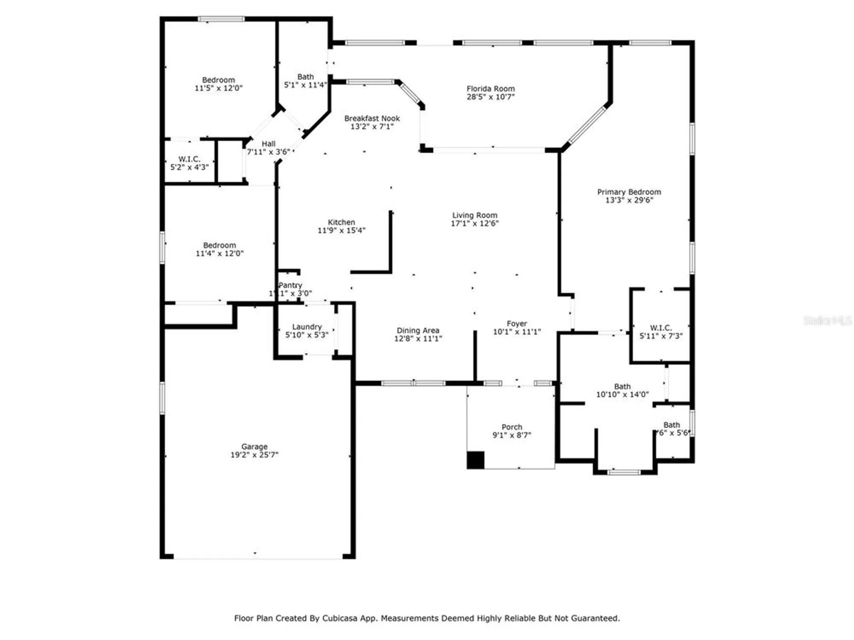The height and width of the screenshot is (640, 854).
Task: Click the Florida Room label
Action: click(490, 89)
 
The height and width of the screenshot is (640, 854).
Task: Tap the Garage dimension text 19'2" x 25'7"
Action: click(254, 455)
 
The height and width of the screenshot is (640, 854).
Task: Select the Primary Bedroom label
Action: click(629, 192)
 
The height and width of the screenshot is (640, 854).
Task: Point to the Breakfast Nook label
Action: click(372, 118)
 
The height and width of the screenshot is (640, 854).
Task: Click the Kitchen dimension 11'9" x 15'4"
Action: click(341, 230)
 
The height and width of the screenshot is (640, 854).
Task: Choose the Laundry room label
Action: click(307, 327)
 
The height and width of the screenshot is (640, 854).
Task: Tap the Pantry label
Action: click(290, 285)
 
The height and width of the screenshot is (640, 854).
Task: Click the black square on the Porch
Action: click(475, 460)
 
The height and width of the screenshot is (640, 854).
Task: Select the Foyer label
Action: click(517, 324)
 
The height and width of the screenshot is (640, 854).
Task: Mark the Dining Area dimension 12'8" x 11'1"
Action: click(418, 339)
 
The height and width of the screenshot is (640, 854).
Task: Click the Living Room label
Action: click(475, 215)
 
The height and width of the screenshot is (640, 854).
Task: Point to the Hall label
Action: click(269, 144)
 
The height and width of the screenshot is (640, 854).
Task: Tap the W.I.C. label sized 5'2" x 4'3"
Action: click(189, 159)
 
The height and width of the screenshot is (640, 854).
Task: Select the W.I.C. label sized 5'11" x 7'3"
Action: click(661, 328)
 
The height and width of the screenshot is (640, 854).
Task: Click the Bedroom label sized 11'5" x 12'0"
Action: click(218, 80)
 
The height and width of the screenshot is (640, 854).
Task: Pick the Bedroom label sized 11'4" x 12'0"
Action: click(219, 245)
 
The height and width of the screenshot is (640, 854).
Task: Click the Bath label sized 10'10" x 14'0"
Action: click(622, 387)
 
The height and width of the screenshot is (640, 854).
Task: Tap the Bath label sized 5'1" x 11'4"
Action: click(305, 77)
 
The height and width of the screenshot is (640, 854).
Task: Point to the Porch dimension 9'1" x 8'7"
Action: click(512, 435)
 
